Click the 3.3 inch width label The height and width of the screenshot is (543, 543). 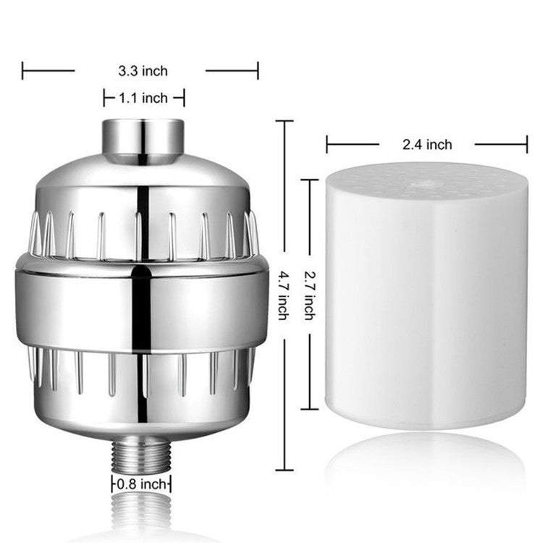[x=143, y=71]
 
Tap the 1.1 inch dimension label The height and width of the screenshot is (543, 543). [x=144, y=98]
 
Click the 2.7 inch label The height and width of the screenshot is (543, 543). [x=311, y=295]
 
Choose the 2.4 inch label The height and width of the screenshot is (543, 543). [x=427, y=145]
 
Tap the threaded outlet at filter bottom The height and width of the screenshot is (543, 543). [x=141, y=455]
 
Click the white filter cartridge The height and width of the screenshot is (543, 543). [x=426, y=304]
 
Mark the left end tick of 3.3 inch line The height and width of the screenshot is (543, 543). [x=22, y=71]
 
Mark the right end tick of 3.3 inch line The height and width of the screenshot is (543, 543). [x=258, y=71]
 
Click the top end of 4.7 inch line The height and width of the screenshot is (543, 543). [x=285, y=121]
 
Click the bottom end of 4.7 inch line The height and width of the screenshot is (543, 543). [x=285, y=470]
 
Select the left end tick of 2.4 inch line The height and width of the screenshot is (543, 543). [x=327, y=145]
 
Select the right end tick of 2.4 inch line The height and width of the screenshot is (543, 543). [x=527, y=145]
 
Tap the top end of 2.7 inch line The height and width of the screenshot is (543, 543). [x=310, y=180]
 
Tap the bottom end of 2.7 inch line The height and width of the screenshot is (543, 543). [x=310, y=409]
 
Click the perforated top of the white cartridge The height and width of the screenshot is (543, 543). [x=427, y=180]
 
